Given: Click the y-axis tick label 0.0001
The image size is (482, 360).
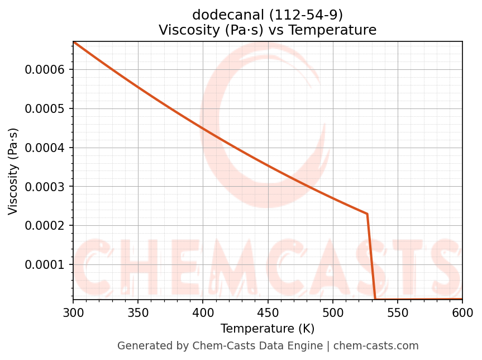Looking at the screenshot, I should (45, 264).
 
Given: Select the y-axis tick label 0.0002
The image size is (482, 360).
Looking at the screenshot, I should (45, 226).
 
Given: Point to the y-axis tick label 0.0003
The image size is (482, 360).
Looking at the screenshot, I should (45, 187).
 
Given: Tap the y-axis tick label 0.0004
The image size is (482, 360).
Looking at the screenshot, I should (45, 148).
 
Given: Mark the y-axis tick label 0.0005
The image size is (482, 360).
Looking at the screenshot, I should (45, 108).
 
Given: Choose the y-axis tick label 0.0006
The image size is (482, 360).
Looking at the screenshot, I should (45, 70).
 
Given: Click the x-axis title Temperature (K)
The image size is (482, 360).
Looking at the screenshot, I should (268, 329).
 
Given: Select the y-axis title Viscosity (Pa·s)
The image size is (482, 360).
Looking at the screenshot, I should (13, 171).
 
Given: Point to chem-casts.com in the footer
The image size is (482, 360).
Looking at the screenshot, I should (376, 346).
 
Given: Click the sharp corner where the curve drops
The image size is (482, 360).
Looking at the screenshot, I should (367, 214).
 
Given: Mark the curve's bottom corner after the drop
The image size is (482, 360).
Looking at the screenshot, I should (375, 299).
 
